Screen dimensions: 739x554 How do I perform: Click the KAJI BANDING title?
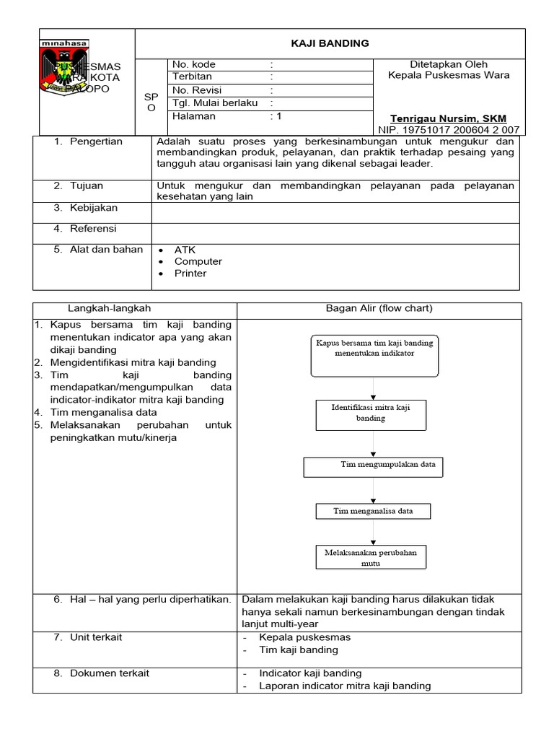(330, 43)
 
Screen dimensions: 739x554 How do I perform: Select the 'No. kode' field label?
(194, 64)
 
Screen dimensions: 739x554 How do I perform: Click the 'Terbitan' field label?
(192, 77)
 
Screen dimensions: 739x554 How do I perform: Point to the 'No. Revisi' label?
(197, 90)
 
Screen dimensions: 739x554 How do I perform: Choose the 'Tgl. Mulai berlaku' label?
(215, 103)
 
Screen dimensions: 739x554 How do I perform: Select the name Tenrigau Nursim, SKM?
(448, 118)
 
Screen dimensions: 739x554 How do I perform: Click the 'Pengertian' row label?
(96, 141)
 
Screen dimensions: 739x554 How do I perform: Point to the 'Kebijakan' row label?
(93, 208)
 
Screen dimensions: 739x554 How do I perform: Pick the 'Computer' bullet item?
(198, 261)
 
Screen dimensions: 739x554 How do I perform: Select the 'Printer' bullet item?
(190, 274)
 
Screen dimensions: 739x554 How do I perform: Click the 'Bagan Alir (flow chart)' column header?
(379, 308)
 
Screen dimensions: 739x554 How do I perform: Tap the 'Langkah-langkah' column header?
(109, 308)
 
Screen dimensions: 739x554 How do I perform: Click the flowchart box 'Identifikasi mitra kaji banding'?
(371, 414)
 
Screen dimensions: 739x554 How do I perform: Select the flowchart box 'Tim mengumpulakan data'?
(373, 466)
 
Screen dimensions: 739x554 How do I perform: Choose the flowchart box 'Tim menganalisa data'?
(373, 511)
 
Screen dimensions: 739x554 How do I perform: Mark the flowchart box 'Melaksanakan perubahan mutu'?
(370, 556)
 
